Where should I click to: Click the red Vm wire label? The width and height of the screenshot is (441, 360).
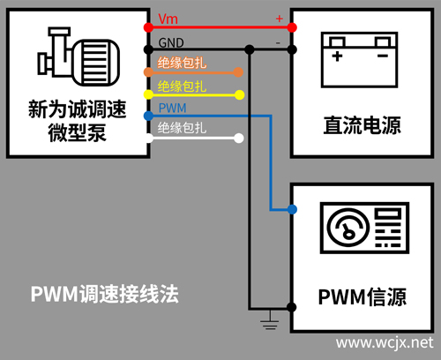tap(168, 19)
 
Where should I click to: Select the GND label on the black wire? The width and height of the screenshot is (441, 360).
tap(170, 41)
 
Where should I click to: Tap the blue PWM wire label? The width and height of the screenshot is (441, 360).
tap(172, 107)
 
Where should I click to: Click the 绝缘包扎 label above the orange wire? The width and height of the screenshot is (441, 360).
tap(182, 64)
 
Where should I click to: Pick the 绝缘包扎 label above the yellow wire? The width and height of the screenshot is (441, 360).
tap(182, 86)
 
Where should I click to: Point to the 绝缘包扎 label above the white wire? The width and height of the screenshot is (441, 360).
tap(182, 129)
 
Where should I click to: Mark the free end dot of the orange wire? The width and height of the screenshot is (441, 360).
tap(239, 71)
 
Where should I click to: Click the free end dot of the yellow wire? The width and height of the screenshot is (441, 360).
tap(239, 94)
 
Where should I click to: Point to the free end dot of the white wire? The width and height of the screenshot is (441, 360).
tap(239, 138)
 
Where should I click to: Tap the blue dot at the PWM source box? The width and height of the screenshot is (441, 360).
tap(292, 209)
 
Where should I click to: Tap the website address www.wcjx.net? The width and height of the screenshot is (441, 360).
tap(386, 341)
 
